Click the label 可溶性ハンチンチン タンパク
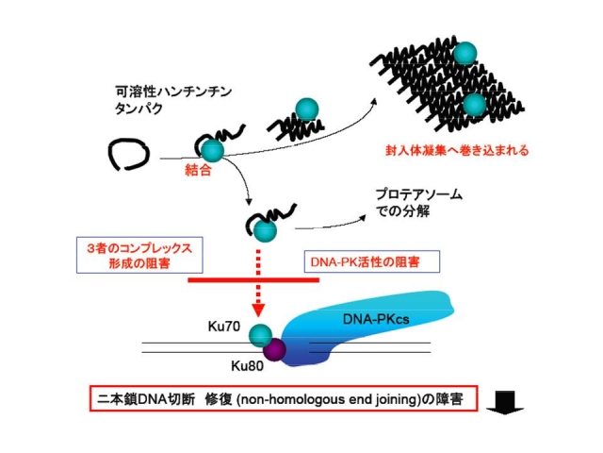(x=170, y=99)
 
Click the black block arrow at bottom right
(x=513, y=402)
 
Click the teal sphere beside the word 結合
(x=213, y=150)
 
